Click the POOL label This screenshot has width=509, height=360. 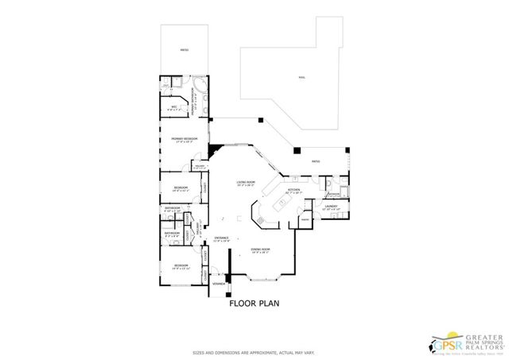(301, 79)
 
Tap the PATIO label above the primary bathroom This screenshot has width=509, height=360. (185, 50)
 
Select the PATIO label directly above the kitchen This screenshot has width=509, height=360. (316, 161)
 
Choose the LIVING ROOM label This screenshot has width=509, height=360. (245, 184)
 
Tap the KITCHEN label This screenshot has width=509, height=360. (293, 191)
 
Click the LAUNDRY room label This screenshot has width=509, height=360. (332, 207)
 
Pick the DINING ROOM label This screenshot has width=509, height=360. (260, 251)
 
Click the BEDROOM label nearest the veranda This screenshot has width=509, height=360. (181, 266)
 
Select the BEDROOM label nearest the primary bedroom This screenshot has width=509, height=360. (181, 188)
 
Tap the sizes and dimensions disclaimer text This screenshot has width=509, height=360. (253, 352)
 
